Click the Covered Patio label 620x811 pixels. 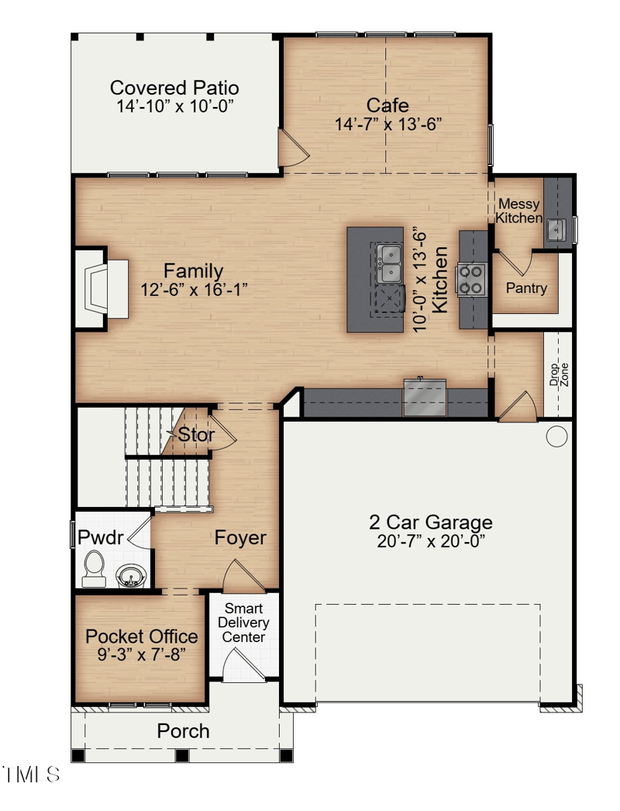[x=174, y=88]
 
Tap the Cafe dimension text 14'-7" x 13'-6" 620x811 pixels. [x=388, y=124]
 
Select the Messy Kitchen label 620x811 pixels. [x=519, y=211]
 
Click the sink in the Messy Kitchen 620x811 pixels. [x=556, y=229]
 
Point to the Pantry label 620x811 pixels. [x=526, y=288]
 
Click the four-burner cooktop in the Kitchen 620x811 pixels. [x=471, y=279]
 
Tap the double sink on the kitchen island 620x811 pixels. [x=389, y=263]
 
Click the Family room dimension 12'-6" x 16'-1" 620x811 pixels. [x=194, y=289]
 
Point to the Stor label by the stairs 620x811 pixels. [x=196, y=435]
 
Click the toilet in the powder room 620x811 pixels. [x=94, y=568]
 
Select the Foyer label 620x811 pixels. [x=240, y=537]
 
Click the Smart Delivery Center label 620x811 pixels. [x=243, y=623]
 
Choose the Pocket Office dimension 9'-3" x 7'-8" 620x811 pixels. [x=141, y=655]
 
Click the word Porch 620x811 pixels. [x=183, y=730]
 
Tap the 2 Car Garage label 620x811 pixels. [x=430, y=523]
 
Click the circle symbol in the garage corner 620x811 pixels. [x=556, y=437]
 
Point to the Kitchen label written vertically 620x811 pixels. [x=439, y=280]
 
